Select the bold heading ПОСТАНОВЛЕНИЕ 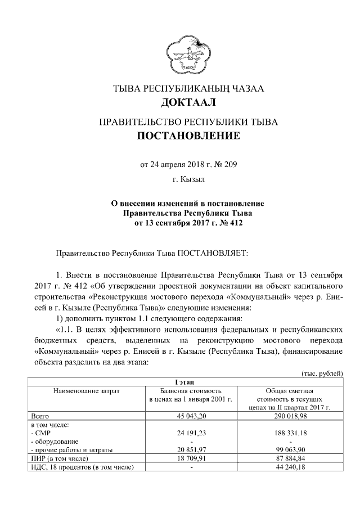point(188,136)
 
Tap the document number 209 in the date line point(229,165)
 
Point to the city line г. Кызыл point(188,181)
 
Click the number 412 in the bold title point(236,222)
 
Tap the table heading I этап point(188,382)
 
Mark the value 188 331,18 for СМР point(289,433)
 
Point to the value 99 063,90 point(289,450)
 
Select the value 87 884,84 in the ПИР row point(289,459)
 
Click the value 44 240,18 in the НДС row point(289,467)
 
